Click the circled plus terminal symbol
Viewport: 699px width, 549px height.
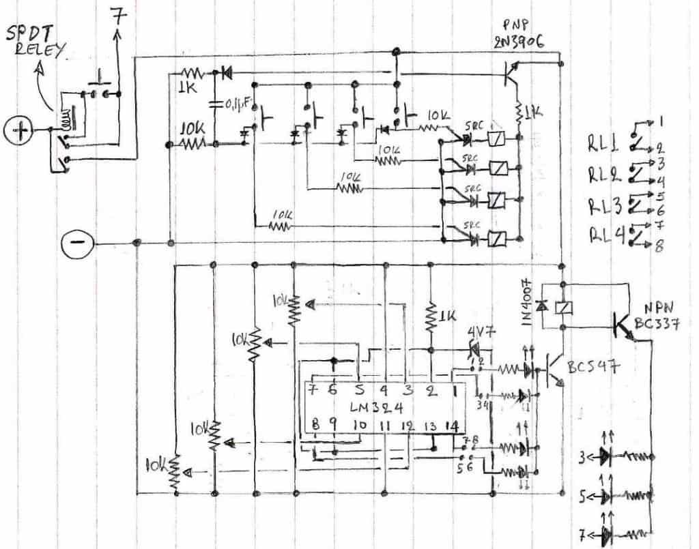coord(20,130)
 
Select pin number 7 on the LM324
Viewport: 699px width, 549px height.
coord(315,391)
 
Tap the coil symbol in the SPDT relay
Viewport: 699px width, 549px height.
coord(66,121)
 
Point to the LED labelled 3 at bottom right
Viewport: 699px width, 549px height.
coord(603,456)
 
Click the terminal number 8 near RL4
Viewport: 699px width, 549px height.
coord(659,248)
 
